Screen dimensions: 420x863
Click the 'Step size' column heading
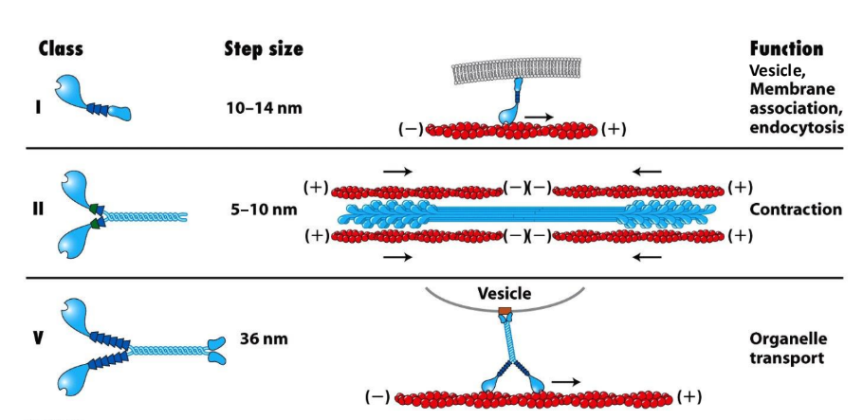(x=263, y=48)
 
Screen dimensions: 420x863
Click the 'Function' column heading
(x=785, y=48)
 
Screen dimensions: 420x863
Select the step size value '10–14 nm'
(x=265, y=107)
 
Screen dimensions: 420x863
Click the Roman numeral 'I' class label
(x=39, y=106)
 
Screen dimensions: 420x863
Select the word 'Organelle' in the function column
(x=784, y=338)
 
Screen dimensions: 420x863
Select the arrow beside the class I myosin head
(x=539, y=116)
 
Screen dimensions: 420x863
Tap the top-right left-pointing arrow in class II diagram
(x=649, y=172)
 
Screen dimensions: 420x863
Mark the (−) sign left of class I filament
(x=410, y=129)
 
